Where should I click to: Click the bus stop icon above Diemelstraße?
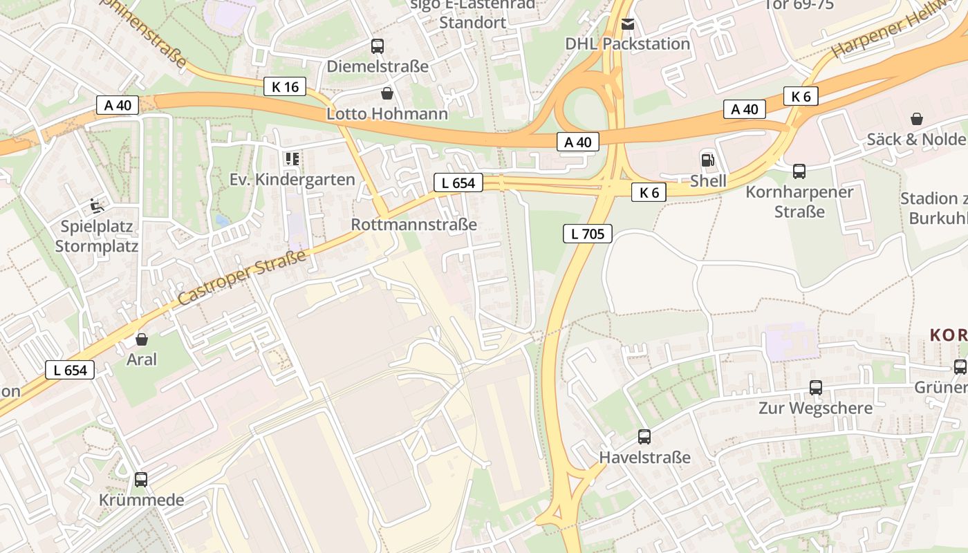click(377, 46)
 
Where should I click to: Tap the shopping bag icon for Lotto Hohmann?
click(387, 93)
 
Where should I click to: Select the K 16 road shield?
click(285, 86)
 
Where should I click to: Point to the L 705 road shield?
click(587, 234)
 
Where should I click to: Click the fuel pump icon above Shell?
click(708, 160)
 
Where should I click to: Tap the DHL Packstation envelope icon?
click(627, 24)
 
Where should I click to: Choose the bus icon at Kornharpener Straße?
click(799, 171)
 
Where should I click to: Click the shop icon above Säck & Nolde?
click(917, 119)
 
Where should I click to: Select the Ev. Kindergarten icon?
click(292, 159)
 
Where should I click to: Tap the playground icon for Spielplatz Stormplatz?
click(96, 205)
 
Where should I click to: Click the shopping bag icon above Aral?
click(142, 339)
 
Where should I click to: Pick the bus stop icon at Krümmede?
click(141, 479)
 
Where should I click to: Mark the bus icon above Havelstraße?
click(644, 437)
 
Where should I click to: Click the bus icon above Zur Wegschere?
click(816, 388)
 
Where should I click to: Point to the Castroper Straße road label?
click(241, 279)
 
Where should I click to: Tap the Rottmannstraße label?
click(413, 225)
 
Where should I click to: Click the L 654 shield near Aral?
click(71, 370)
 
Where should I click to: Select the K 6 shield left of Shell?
click(649, 192)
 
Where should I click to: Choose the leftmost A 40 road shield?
click(118, 105)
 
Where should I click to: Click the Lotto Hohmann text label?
click(387, 113)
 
